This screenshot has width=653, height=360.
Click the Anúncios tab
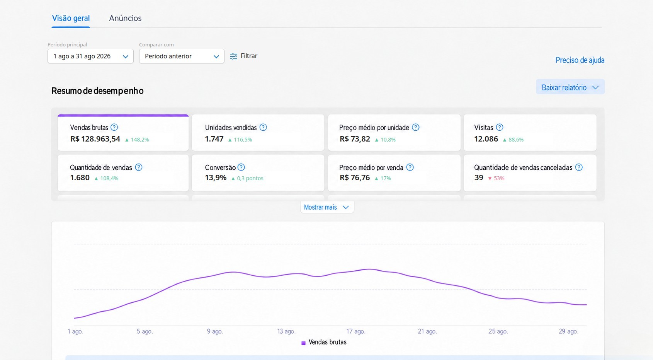click(125, 18)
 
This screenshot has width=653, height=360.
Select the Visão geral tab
click(71, 18)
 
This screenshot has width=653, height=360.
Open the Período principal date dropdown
click(90, 56)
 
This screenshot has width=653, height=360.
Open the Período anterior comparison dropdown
click(182, 56)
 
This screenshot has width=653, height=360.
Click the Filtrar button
click(244, 56)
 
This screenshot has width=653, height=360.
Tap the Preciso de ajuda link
click(580, 60)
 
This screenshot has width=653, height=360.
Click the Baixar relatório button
click(570, 87)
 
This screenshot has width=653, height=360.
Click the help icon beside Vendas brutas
click(114, 127)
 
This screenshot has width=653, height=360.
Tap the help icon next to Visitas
click(499, 127)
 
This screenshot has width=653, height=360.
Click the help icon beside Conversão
click(241, 167)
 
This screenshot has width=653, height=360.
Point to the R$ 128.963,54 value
click(95, 139)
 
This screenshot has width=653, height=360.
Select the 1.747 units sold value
click(214, 139)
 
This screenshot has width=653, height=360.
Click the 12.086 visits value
click(486, 139)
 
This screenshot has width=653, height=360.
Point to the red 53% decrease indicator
click(496, 178)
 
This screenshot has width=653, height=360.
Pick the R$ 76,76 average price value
click(355, 177)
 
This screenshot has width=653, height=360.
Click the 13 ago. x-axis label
click(286, 331)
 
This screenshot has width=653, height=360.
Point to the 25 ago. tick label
click(498, 331)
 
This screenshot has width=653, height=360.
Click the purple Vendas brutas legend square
click(303, 343)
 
